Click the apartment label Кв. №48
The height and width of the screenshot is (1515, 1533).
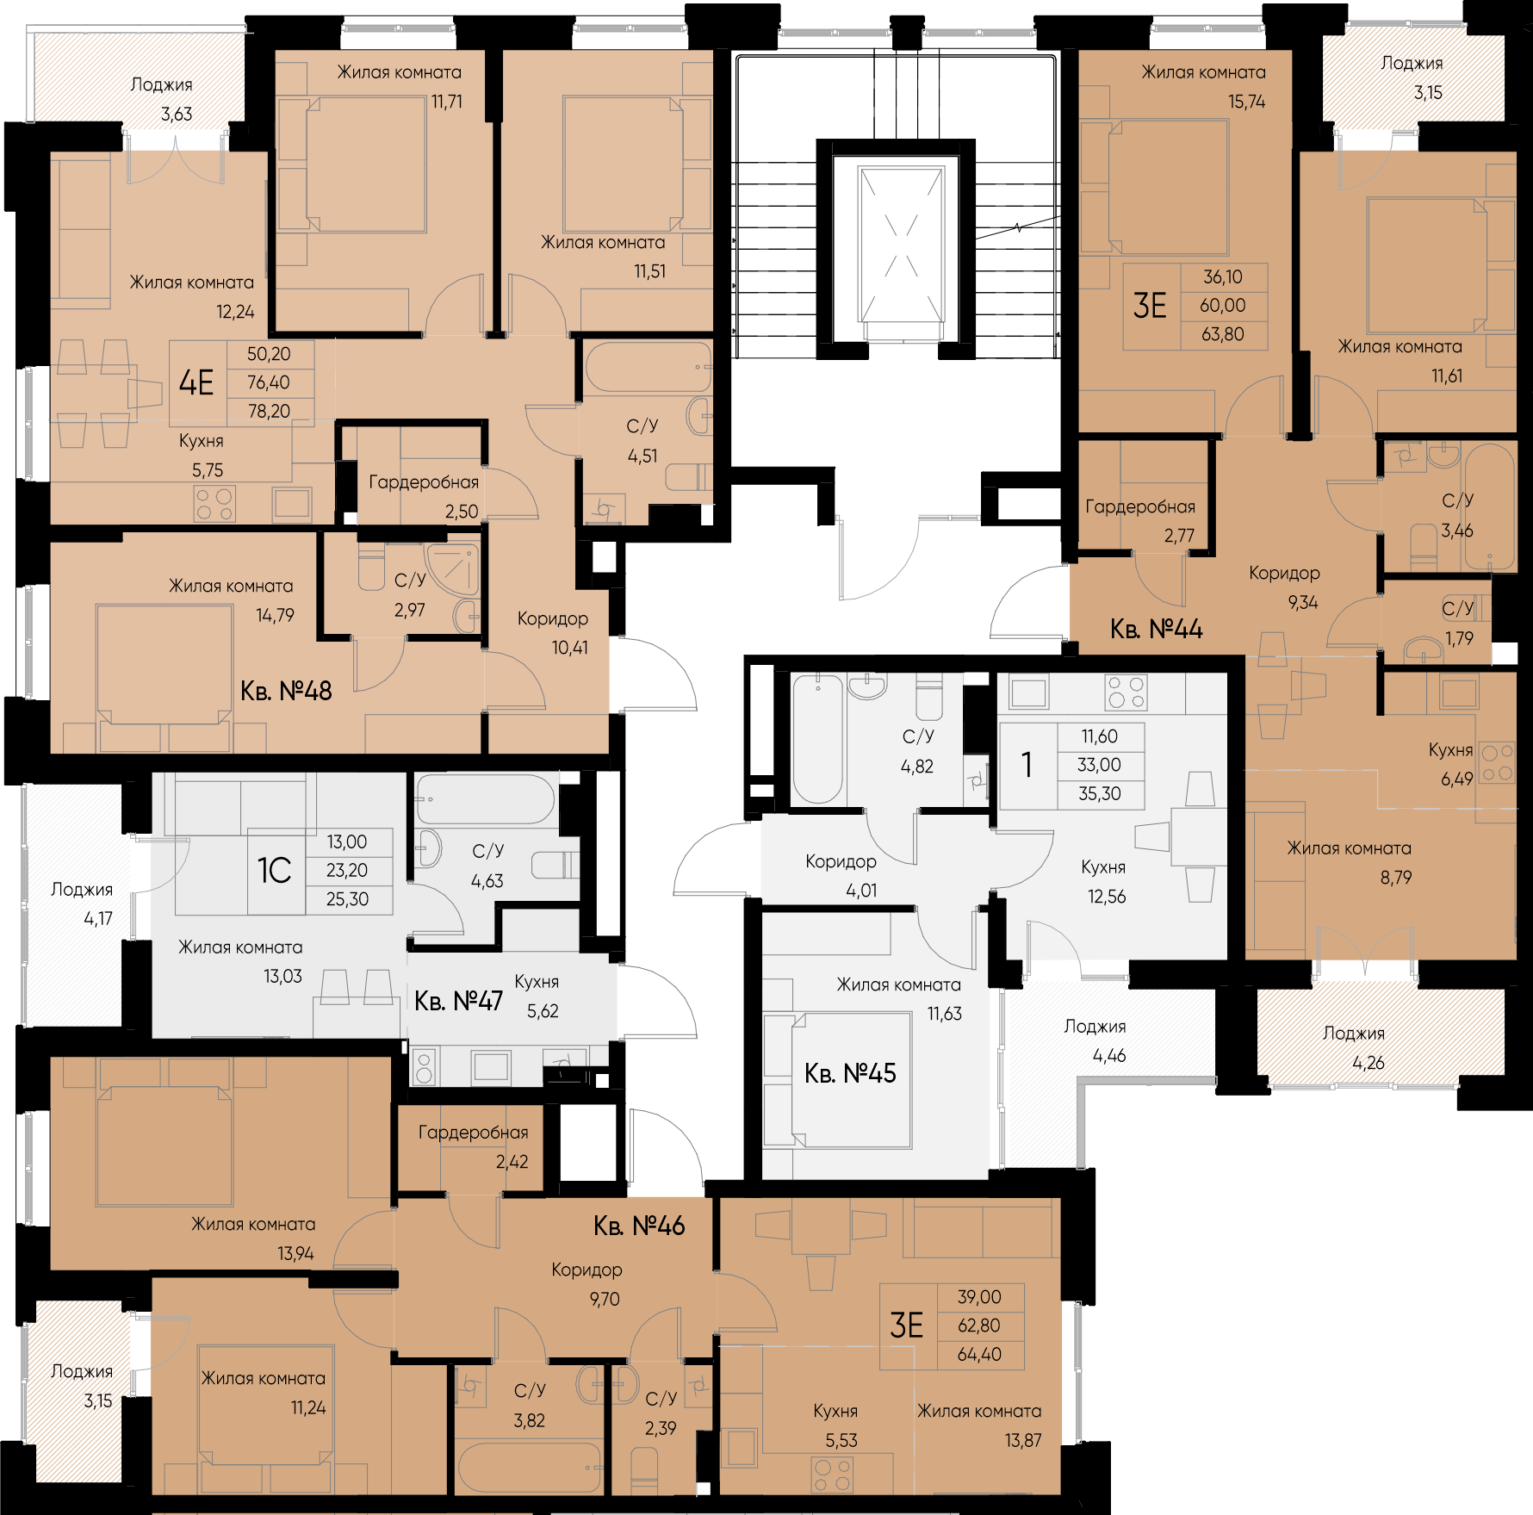click(x=286, y=691)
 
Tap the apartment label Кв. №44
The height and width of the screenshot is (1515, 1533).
click(x=1156, y=629)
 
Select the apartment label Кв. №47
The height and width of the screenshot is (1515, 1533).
click(x=458, y=1001)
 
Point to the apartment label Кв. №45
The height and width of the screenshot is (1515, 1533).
click(x=850, y=1073)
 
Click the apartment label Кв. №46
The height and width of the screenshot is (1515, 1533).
click(x=639, y=1226)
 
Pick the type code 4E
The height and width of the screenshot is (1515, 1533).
click(x=196, y=382)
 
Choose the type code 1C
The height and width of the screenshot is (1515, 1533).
click(x=275, y=871)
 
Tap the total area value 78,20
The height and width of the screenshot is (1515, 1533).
click(x=269, y=412)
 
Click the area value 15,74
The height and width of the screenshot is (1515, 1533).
click(x=1247, y=102)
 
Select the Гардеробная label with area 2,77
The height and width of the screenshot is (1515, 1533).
click(x=1140, y=506)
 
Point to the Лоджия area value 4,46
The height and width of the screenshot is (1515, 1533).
click(x=1109, y=1056)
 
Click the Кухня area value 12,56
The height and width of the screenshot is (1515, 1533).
click(x=1107, y=897)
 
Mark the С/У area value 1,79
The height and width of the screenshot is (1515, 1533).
click(x=1459, y=638)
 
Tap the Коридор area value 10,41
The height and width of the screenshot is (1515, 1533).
click(x=570, y=648)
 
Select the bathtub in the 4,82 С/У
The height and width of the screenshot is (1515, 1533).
click(x=817, y=739)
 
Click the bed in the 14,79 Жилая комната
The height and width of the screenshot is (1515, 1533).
click(x=164, y=677)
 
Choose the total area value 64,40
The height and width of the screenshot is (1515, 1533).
click(x=979, y=1355)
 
